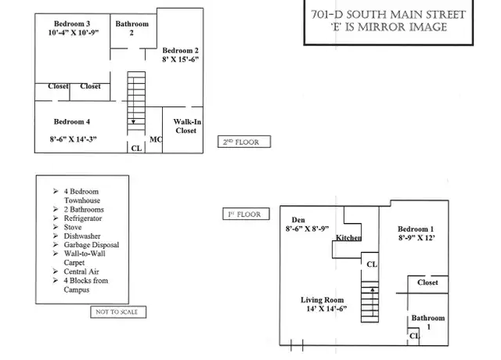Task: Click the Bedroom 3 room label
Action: coord(72,23)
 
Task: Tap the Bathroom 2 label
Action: coord(132,28)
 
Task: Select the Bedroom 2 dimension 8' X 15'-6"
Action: coord(180,59)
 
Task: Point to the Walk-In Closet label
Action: coord(187,126)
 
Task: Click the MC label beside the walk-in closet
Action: coord(156,139)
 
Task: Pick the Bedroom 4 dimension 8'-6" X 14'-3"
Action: coord(73,139)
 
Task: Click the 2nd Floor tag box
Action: coord(244,142)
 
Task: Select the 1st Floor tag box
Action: coord(246,214)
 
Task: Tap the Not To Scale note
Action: coord(118,312)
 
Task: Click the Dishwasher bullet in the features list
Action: coord(81,236)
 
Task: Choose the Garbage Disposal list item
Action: coord(92,245)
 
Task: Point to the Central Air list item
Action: coord(81,272)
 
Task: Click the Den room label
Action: coord(298,220)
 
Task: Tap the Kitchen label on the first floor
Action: coord(348,238)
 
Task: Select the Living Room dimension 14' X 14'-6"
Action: coord(326,309)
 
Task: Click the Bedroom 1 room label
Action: coord(416,229)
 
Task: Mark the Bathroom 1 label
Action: coord(428,322)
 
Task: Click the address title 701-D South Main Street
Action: coord(388,15)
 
